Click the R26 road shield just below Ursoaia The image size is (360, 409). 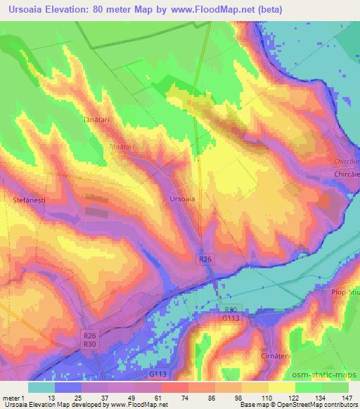click(x=203, y=259)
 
